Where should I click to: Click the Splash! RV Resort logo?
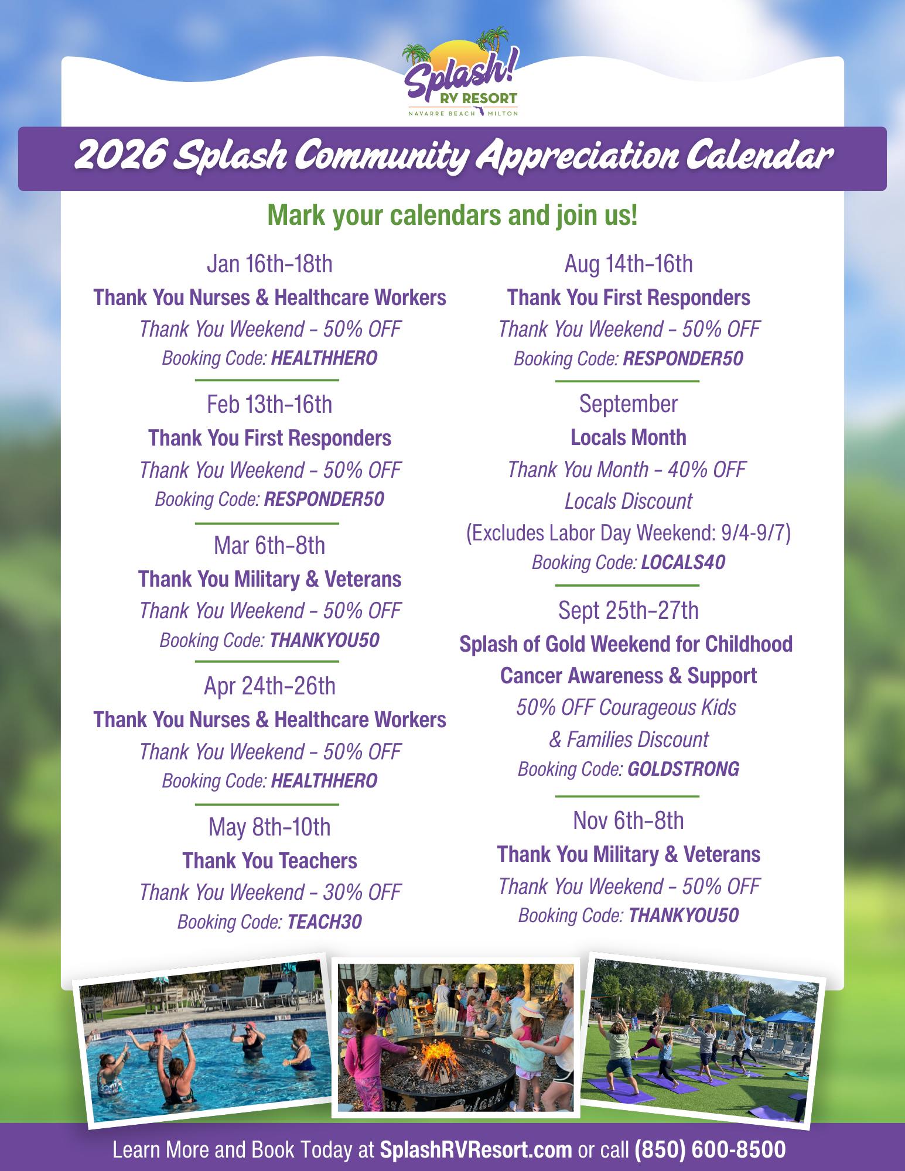click(459, 76)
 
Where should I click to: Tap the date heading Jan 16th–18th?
click(269, 264)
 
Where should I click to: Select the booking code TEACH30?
click(325, 922)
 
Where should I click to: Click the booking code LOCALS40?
click(683, 563)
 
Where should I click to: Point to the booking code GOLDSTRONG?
click(683, 769)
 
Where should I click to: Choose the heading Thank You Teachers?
click(269, 861)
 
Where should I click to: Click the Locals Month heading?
click(628, 437)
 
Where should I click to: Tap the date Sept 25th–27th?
click(628, 611)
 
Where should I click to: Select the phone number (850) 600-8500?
click(710, 1149)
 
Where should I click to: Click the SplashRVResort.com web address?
click(476, 1149)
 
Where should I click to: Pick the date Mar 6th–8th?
click(269, 546)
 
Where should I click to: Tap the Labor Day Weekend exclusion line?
click(628, 533)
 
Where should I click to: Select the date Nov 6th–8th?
click(628, 821)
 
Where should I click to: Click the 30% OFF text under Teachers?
click(361, 892)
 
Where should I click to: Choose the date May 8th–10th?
click(269, 827)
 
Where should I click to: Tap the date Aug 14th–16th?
click(628, 264)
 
